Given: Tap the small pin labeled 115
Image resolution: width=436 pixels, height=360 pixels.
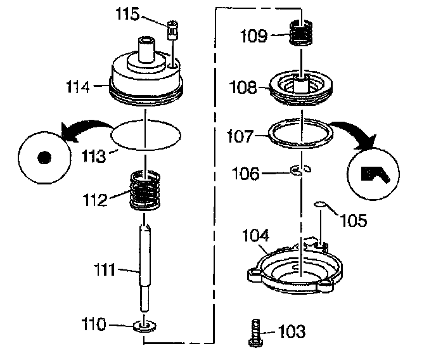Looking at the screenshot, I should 172,30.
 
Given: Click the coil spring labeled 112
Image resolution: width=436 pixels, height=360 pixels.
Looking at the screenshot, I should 147,190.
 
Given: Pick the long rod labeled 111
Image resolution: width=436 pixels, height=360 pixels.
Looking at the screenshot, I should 146,266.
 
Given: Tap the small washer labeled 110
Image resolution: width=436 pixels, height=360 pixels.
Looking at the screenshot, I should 146,327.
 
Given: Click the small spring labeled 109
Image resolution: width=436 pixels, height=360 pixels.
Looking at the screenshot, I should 304,32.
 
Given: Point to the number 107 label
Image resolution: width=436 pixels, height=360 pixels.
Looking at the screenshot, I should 241,136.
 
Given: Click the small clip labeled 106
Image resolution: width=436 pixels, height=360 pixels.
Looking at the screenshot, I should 300,170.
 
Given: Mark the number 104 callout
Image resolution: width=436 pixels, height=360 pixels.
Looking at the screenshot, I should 257,236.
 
